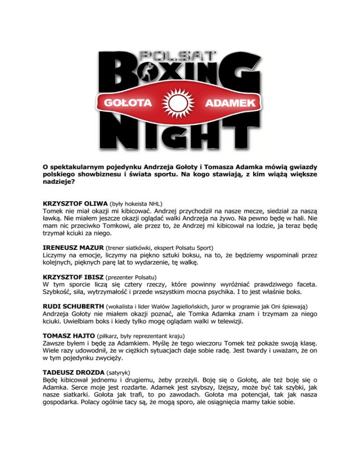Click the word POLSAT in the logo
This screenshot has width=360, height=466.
coord(180,55)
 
